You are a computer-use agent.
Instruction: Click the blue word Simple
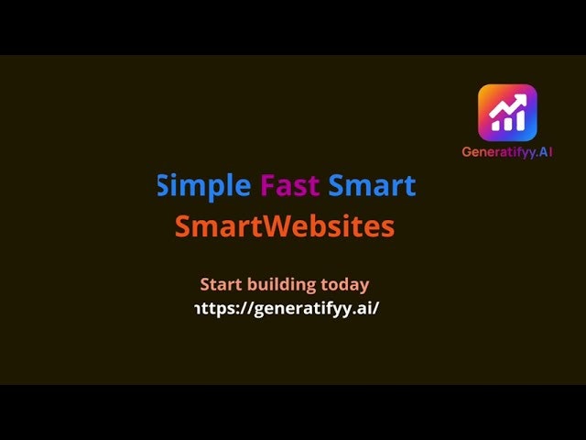[204, 186]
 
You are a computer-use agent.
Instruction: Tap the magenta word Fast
[289, 186]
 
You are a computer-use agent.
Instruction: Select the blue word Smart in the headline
[372, 186]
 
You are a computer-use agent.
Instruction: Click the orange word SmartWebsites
[285, 226]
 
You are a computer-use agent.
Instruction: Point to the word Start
[221, 284]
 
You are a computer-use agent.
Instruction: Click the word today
[346, 284]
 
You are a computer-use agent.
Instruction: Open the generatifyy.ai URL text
[288, 308]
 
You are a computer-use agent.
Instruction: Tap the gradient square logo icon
[507, 113]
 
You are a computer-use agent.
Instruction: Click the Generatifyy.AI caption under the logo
[507, 152]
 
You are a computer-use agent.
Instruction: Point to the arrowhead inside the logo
[522, 96]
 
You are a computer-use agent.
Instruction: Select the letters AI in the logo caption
[545, 152]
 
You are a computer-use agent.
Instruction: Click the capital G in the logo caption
[467, 152]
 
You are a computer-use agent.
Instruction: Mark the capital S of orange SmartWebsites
[182, 226]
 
